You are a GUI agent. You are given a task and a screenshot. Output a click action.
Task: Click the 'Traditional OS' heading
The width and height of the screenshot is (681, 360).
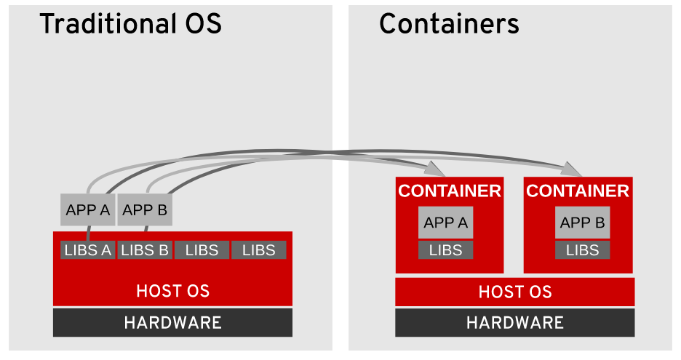pyautogui.click(x=130, y=25)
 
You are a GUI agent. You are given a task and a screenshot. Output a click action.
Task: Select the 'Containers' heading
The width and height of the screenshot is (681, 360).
pyautogui.click(x=449, y=25)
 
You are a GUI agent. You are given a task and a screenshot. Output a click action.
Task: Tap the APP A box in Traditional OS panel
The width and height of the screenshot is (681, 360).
pyautogui.click(x=87, y=210)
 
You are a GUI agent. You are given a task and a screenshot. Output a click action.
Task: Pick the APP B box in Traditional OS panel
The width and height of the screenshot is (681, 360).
pyautogui.click(x=145, y=210)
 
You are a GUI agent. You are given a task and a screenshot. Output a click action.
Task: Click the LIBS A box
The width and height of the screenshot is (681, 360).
pyautogui.click(x=87, y=250)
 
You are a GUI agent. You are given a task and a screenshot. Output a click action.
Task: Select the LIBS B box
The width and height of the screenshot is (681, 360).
pyautogui.click(x=145, y=250)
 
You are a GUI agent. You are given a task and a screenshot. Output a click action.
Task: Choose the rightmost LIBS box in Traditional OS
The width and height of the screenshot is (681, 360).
pyautogui.click(x=258, y=250)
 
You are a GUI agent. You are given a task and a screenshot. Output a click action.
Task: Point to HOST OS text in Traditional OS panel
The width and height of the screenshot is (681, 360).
pyautogui.click(x=172, y=292)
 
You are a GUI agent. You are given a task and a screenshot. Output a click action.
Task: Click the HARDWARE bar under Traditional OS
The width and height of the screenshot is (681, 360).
pyautogui.click(x=172, y=323)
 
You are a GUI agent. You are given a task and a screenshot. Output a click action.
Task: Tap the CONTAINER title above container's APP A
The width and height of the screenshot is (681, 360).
pyautogui.click(x=449, y=191)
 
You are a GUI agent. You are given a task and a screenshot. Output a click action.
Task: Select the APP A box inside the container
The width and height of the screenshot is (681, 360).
pyautogui.click(x=445, y=223)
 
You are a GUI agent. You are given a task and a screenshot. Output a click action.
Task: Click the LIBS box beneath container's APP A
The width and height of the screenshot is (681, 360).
pyautogui.click(x=445, y=250)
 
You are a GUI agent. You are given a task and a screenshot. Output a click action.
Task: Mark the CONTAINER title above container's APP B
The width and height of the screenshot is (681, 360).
pyautogui.click(x=578, y=191)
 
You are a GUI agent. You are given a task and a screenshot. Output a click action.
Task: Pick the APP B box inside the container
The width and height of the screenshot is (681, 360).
pyautogui.click(x=582, y=223)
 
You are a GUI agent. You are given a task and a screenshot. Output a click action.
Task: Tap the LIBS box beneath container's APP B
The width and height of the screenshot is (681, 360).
pyautogui.click(x=582, y=250)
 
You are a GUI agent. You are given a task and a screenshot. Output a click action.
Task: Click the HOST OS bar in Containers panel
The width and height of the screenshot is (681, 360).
pyautogui.click(x=514, y=292)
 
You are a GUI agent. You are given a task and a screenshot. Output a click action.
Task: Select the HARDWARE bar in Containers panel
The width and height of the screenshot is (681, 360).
pyautogui.click(x=514, y=323)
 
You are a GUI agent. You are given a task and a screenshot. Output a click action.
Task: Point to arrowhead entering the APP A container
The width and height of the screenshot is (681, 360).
pyautogui.click(x=436, y=169)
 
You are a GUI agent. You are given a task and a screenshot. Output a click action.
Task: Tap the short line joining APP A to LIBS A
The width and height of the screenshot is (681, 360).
pyautogui.click(x=88, y=233)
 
